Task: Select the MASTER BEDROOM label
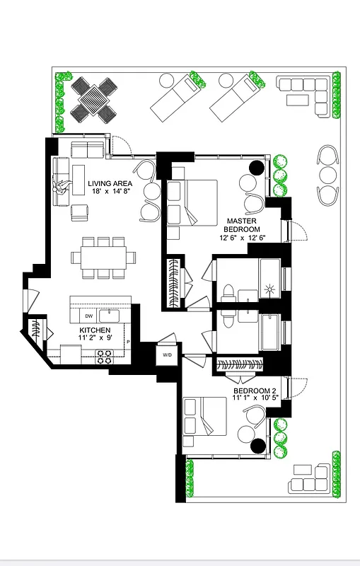242,225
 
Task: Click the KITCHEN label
93,330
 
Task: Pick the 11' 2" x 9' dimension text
94,339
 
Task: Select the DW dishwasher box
89,316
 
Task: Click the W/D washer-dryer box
168,354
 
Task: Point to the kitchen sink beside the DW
110,316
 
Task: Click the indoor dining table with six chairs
104,258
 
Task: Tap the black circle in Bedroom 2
257,445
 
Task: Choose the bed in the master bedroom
194,202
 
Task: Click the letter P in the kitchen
128,342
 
